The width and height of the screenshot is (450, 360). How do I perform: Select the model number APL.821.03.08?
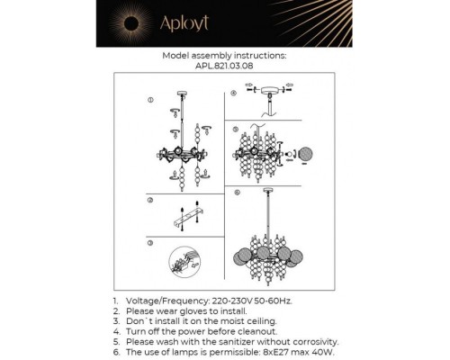[224, 66]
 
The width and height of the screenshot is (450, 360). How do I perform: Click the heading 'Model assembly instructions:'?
[224, 55]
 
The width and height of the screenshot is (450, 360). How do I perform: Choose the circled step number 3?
[150, 243]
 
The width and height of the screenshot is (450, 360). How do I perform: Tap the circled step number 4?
[233, 93]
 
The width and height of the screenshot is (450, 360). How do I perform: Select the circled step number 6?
[233, 192]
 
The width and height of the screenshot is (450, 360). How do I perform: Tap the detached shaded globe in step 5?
[309, 153]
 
